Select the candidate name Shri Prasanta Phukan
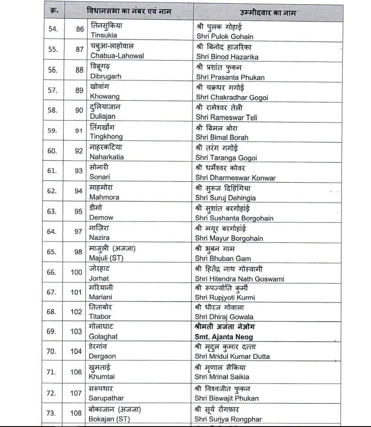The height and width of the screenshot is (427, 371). tap(230, 77)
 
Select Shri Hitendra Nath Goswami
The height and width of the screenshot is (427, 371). tap(240, 279)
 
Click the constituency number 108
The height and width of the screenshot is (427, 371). tap(76, 413)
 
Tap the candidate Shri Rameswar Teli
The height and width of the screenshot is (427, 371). tap(227, 117)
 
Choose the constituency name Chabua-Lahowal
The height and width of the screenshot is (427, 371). tap(117, 56)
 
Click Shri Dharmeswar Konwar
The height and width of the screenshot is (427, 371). tap(236, 178)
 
